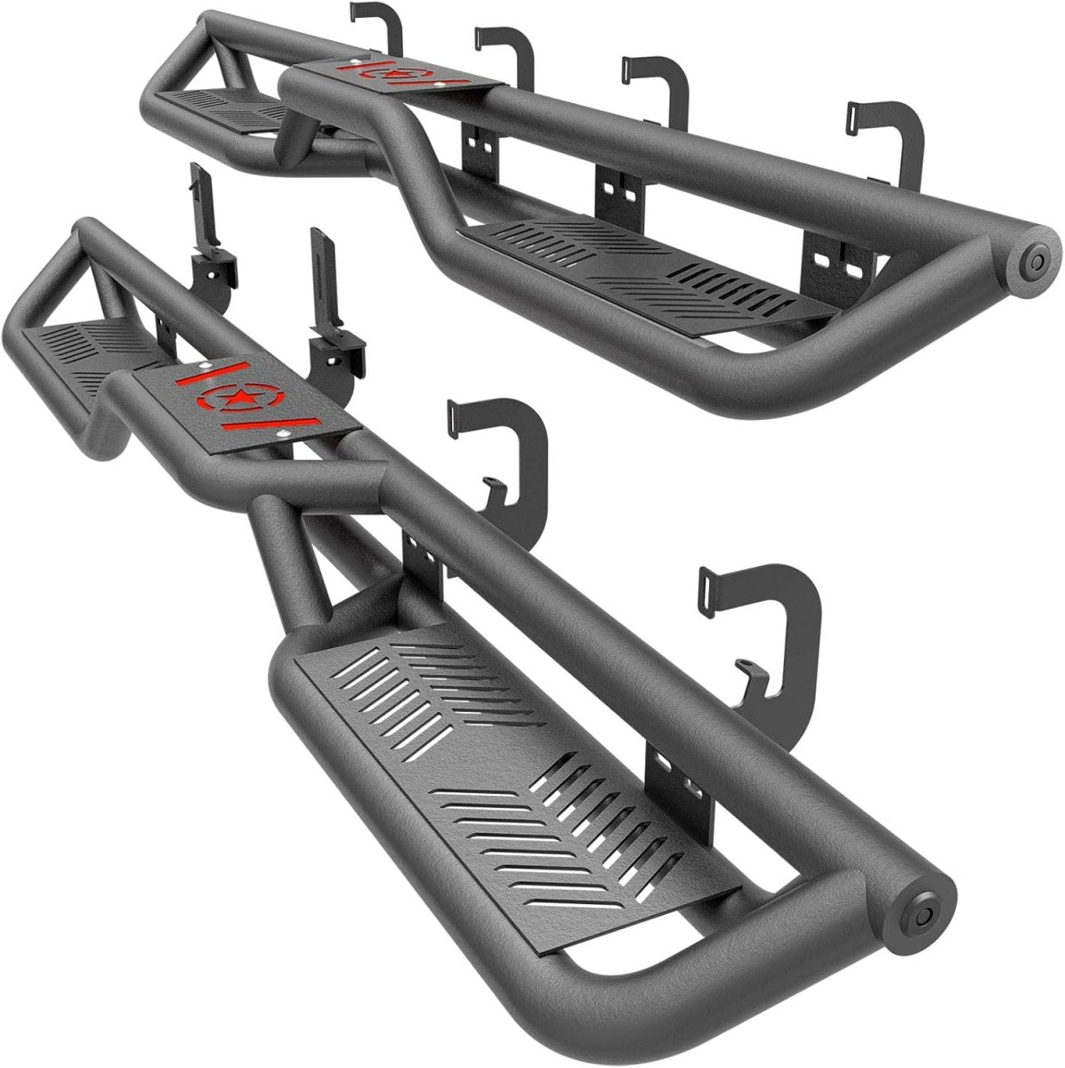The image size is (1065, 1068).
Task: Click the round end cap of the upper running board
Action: pos(1033,262)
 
